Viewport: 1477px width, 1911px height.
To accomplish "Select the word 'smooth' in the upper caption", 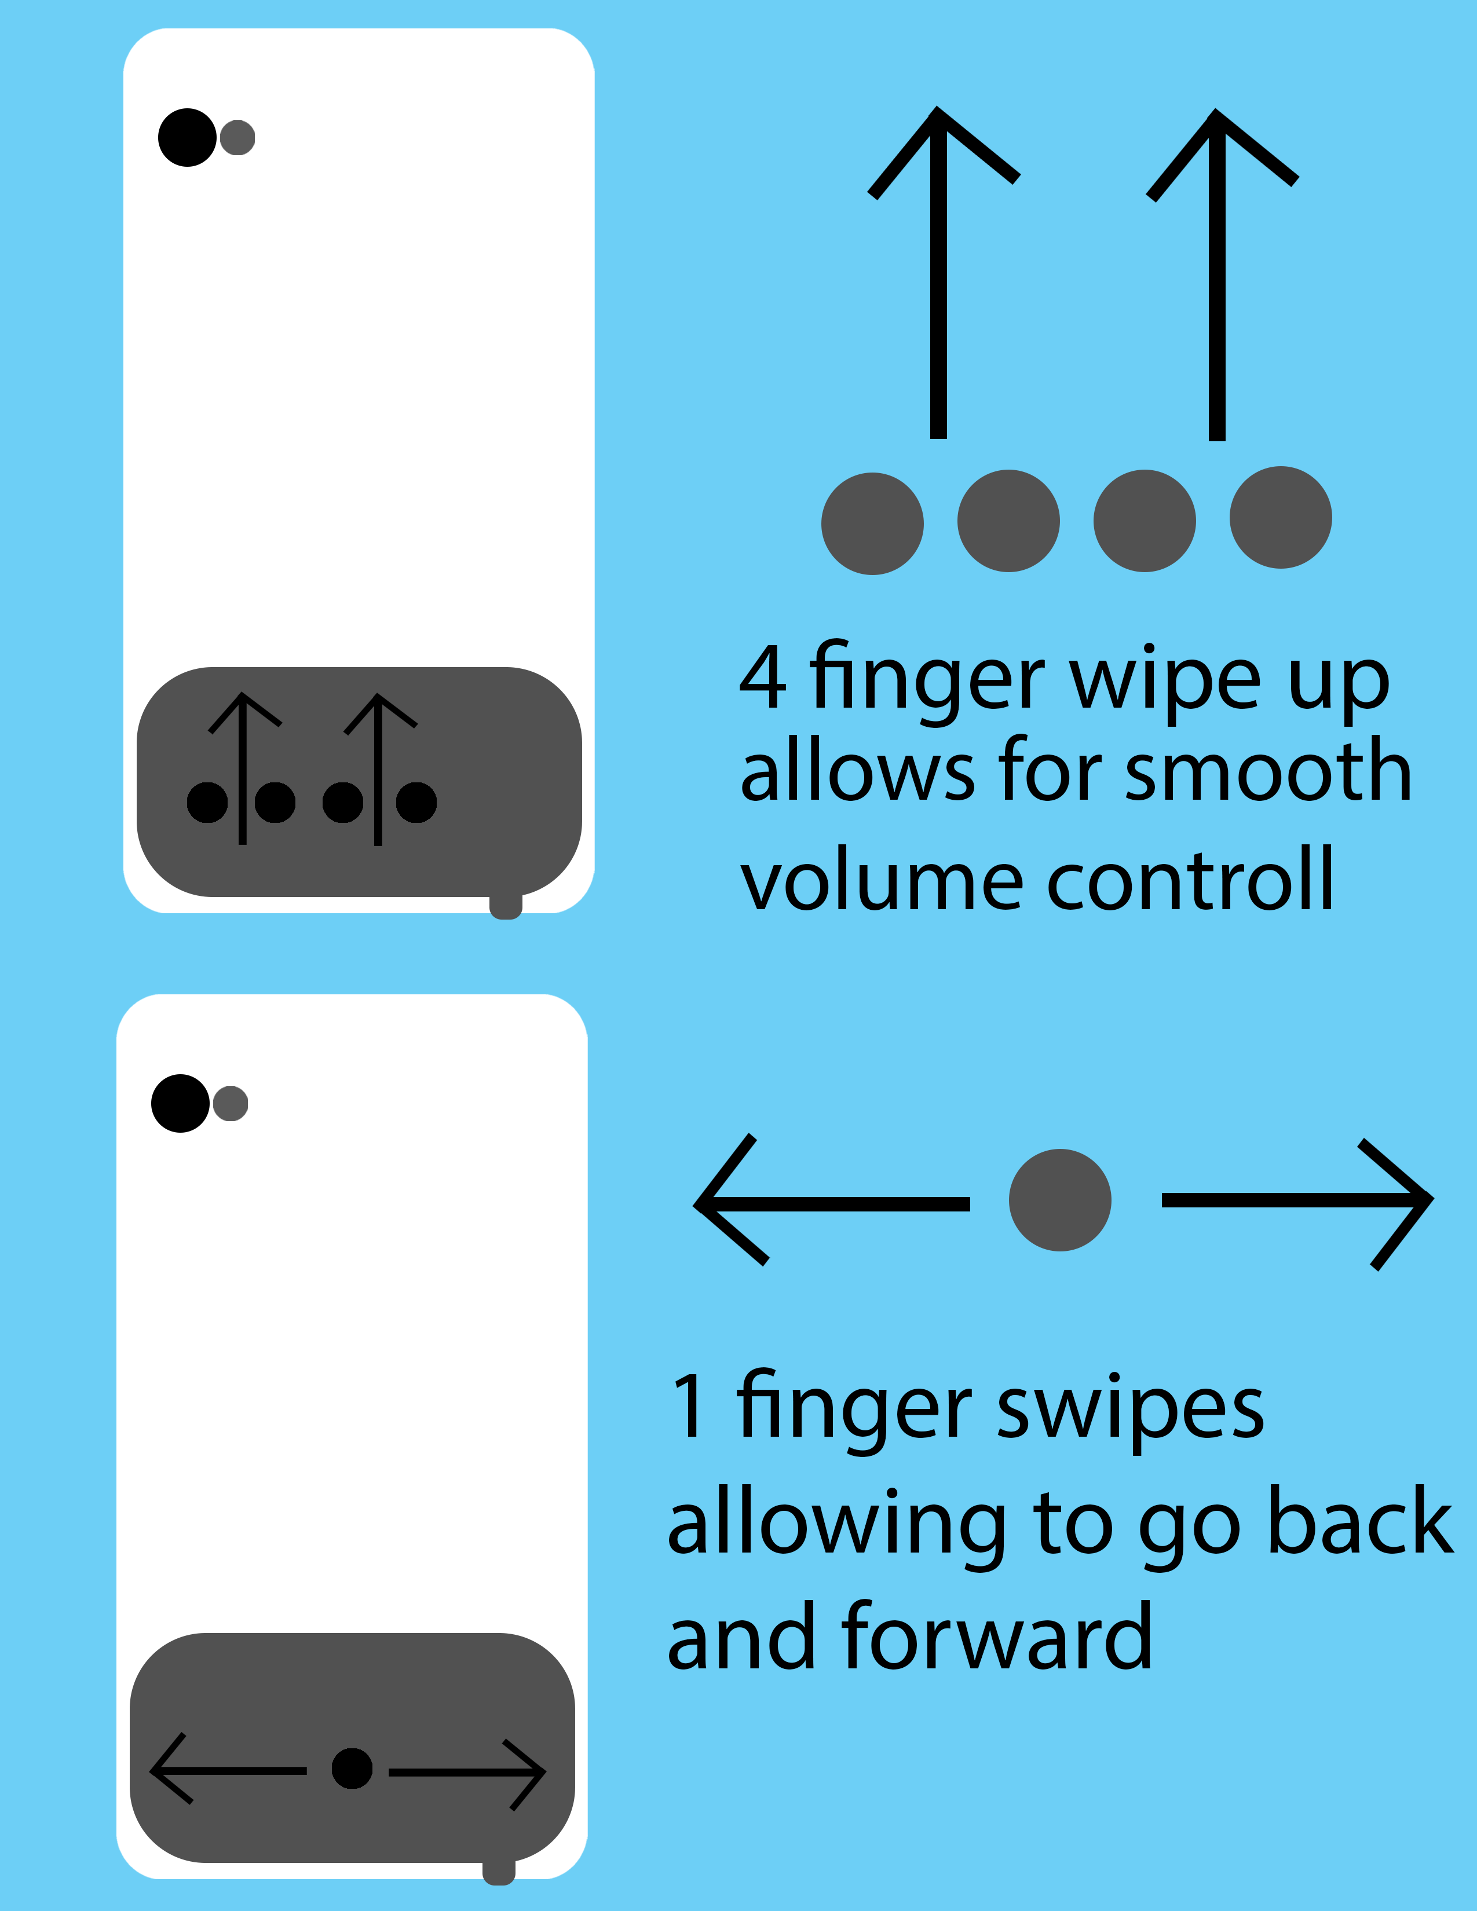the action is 1268,770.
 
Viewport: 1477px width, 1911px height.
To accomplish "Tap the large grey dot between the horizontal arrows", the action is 1059,1200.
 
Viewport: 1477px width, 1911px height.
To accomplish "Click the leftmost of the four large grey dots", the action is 872,523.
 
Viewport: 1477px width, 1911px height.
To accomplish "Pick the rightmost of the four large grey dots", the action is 1281,517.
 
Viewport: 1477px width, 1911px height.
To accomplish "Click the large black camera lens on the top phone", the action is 187,137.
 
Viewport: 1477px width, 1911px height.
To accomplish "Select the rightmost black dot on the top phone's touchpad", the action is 416,803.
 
